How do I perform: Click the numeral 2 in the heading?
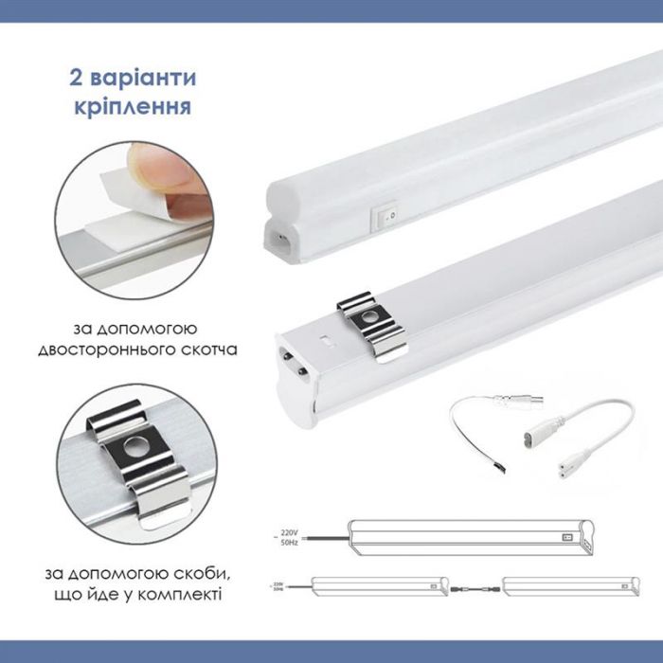pos(76,77)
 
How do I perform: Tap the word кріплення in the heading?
pos(133,103)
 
